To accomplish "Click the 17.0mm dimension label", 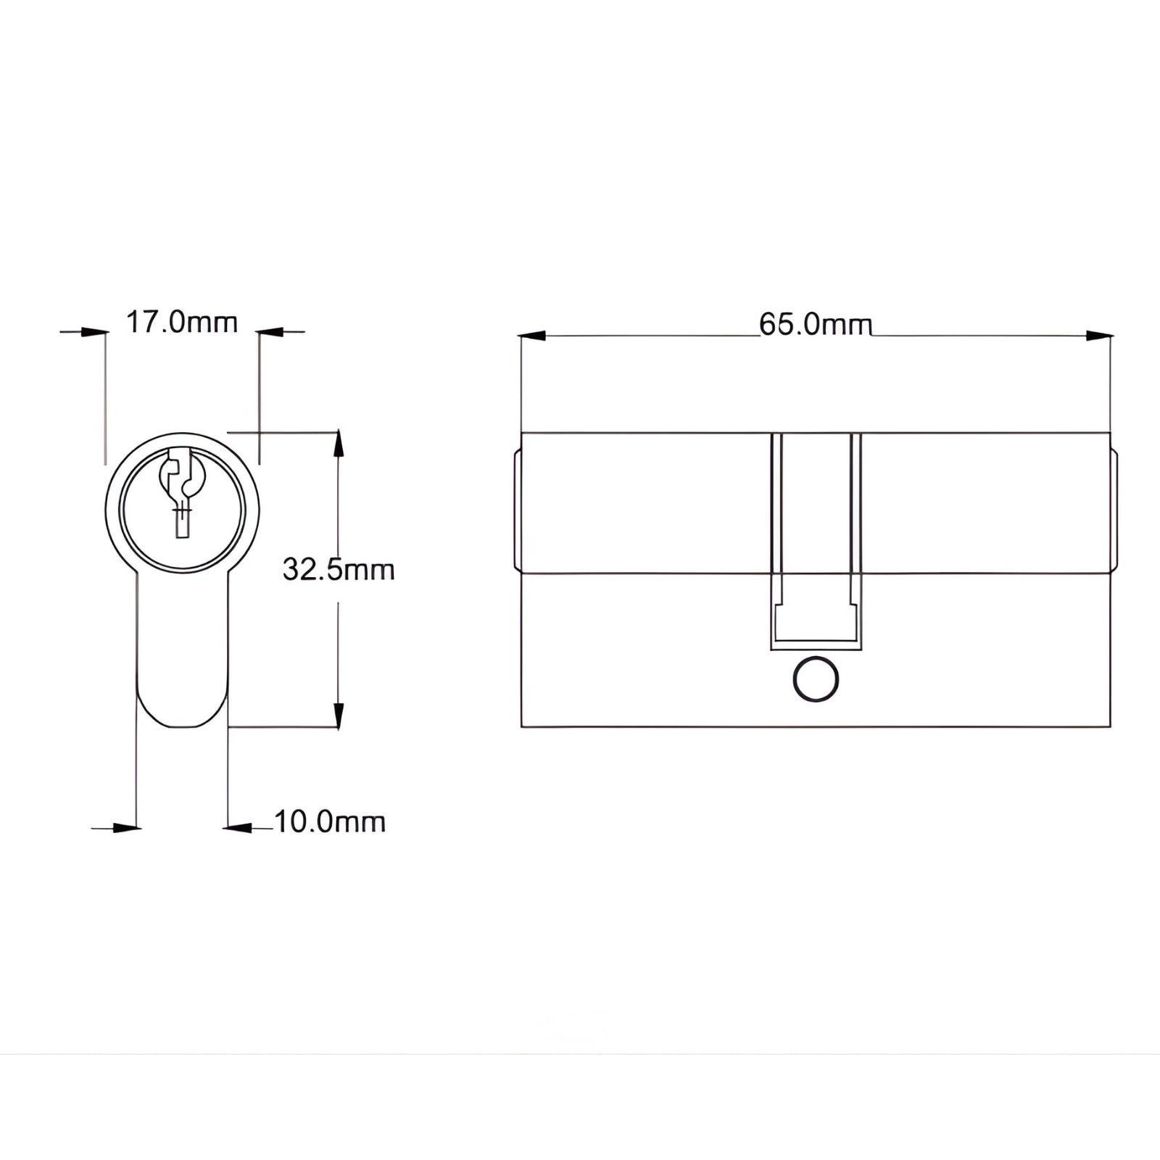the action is pyautogui.click(x=182, y=322).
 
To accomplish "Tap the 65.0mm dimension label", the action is pyautogui.click(x=816, y=324).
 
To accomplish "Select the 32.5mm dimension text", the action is pyautogui.click(x=339, y=570).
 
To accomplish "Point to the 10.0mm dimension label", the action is pyautogui.click(x=330, y=822).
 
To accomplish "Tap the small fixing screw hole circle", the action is pyautogui.click(x=816, y=679).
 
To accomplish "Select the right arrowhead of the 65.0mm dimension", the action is pyautogui.click(x=1098, y=336).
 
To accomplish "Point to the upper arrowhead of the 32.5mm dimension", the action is pyautogui.click(x=337, y=444).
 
